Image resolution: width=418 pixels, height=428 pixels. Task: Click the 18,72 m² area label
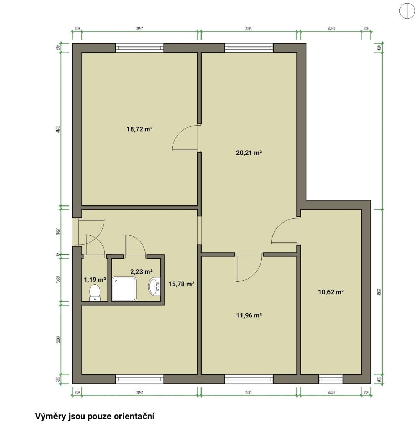[x=139, y=129]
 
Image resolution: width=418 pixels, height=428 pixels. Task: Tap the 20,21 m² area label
[x=249, y=153]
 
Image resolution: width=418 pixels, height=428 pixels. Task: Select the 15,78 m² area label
[x=181, y=284]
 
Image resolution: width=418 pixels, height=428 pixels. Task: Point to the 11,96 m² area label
[x=249, y=315]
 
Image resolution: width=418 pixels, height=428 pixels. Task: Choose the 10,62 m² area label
[x=331, y=292]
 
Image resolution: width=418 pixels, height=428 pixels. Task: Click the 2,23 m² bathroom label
[x=141, y=271]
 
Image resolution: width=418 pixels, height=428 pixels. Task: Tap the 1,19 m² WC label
[x=95, y=280]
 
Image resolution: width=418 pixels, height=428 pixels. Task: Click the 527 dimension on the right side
[x=379, y=292]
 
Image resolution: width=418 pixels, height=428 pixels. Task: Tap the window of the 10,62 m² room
[x=331, y=379]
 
